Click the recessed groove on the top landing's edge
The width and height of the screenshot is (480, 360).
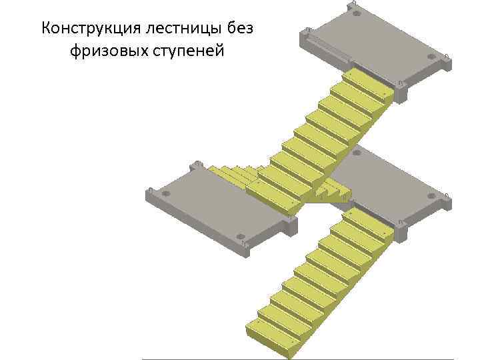327,51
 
